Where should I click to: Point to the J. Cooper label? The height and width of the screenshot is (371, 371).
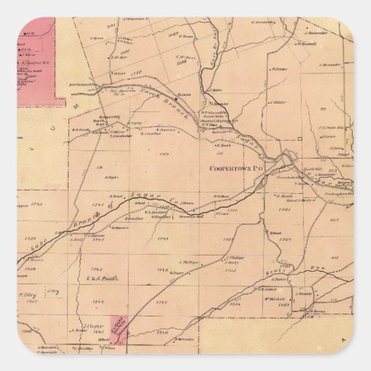(89, 326)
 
